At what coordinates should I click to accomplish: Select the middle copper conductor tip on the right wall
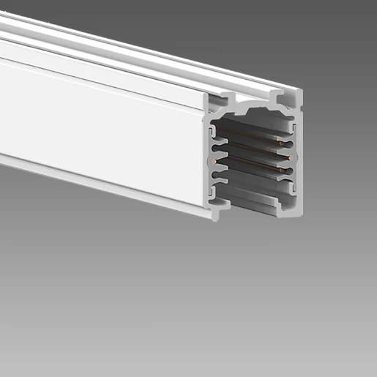point(291,157)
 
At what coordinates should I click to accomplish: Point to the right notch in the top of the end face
point(279,96)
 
